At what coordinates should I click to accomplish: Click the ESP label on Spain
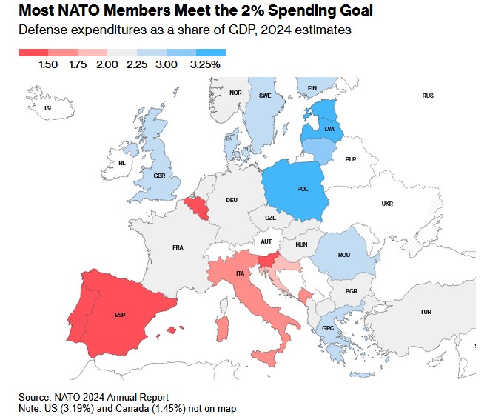click(x=120, y=315)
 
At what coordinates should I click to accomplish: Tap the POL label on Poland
click(x=303, y=189)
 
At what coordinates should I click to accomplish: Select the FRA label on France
click(x=178, y=247)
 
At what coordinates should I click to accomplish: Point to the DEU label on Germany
click(x=232, y=200)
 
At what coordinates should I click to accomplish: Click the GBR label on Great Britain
click(x=159, y=176)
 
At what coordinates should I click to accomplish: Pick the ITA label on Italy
click(x=240, y=274)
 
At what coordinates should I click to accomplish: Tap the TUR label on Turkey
click(x=426, y=312)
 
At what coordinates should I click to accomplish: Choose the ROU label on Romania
click(x=344, y=255)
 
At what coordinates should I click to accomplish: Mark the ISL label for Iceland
click(x=49, y=108)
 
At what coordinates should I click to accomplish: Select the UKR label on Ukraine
click(x=387, y=204)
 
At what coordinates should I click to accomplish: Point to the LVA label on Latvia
click(x=329, y=130)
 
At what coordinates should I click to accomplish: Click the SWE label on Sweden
click(x=265, y=96)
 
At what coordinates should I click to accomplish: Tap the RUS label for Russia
click(x=428, y=96)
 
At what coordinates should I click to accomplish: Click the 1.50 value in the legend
click(x=48, y=65)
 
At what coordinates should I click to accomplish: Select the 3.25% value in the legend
click(x=206, y=65)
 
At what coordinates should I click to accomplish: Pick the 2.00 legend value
click(x=107, y=65)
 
